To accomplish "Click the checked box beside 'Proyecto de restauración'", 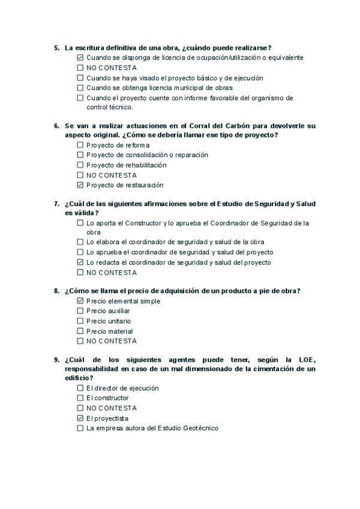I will [x=80, y=185].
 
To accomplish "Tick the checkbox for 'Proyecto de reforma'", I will [x=80, y=145].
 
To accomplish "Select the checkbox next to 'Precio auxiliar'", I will [x=80, y=311].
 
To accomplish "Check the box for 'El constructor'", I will [x=80, y=398].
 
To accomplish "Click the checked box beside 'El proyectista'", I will [x=80, y=418].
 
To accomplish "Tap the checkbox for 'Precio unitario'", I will [x=80, y=321].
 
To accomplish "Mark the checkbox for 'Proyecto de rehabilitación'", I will [x=80, y=165].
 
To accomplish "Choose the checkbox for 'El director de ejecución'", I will [x=80, y=388].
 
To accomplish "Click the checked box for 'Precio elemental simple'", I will [x=80, y=301].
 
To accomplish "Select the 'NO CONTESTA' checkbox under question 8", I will [x=80, y=341].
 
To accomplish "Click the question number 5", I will [x=56, y=47].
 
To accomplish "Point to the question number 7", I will [x=56, y=203].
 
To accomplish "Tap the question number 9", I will [x=56, y=360].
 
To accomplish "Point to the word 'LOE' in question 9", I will [x=304, y=360].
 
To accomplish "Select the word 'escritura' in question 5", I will [x=89, y=47].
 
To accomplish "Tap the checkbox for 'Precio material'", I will [x=80, y=331].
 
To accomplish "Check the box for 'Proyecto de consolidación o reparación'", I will [x=80, y=155].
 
